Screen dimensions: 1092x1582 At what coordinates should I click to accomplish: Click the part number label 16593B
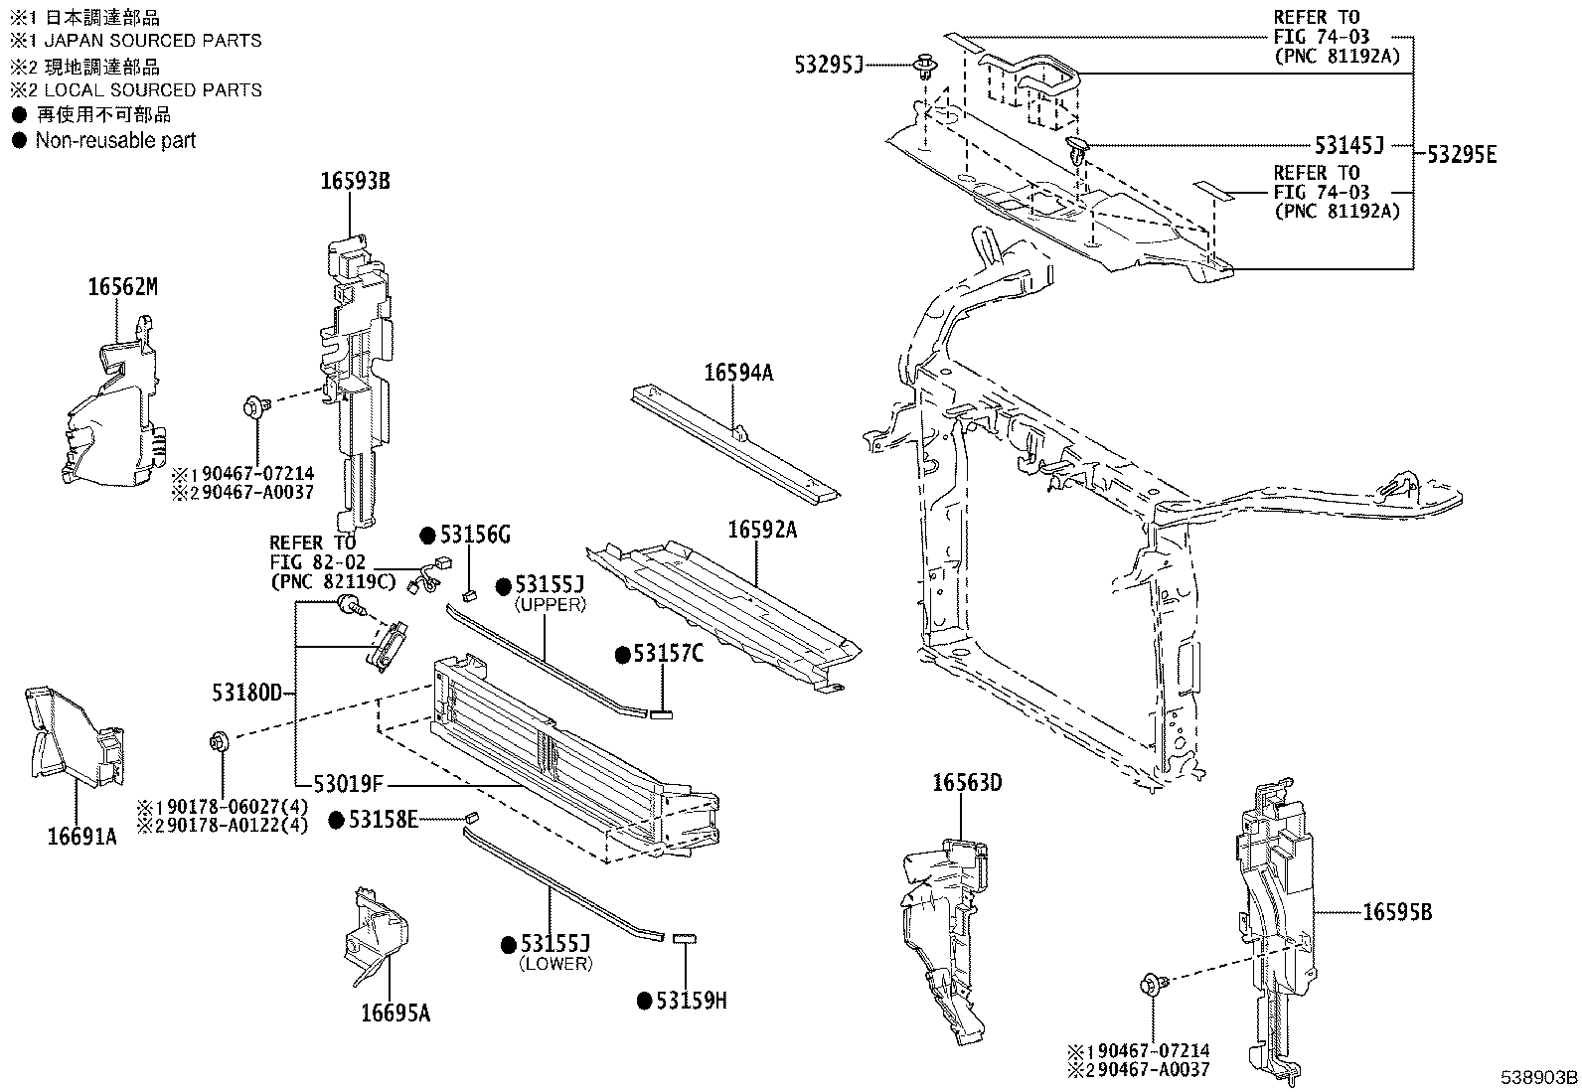click(354, 182)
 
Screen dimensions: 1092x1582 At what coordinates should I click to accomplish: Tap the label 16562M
click(122, 288)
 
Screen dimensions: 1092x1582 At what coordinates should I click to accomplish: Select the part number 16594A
click(738, 373)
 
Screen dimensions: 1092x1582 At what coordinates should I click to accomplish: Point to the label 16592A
click(762, 531)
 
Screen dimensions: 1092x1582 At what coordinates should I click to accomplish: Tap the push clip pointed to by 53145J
click(1078, 150)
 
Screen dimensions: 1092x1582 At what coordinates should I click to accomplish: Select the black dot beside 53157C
click(623, 654)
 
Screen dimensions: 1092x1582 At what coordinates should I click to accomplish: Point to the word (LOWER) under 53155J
click(555, 963)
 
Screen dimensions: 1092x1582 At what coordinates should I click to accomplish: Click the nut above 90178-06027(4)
click(220, 740)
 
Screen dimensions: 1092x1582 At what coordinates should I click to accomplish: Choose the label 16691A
click(81, 837)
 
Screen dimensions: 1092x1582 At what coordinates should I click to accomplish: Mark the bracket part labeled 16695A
click(379, 934)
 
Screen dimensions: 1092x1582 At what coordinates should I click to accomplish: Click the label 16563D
click(966, 783)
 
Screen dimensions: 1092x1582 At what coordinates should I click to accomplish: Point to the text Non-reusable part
click(115, 141)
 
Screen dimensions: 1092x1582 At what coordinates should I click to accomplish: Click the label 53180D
click(246, 693)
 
